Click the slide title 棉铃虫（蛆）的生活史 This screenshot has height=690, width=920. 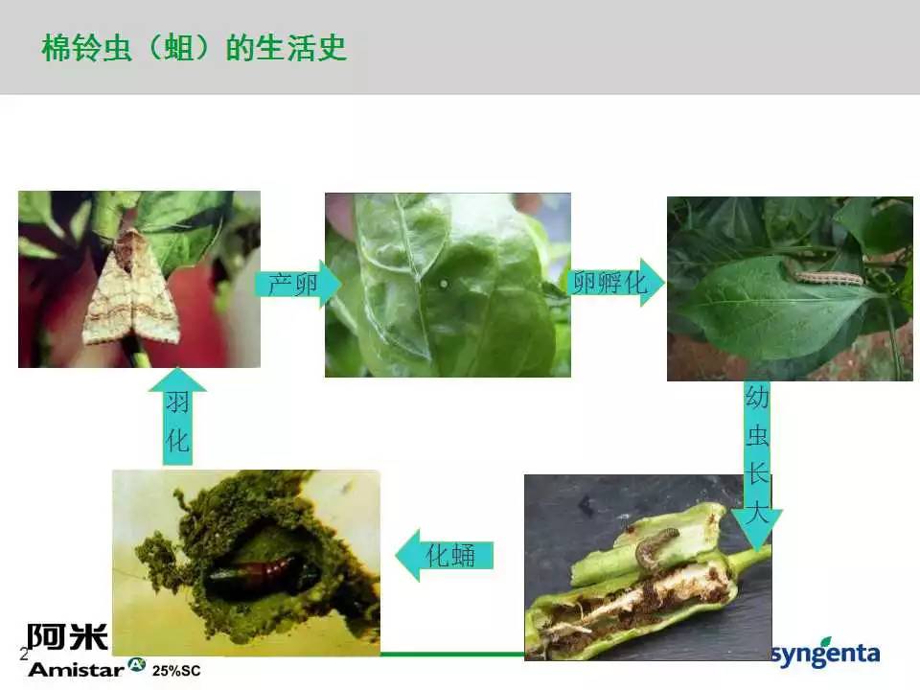(195, 48)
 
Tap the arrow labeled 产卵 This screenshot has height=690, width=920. (298, 284)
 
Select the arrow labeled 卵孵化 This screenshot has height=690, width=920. (616, 282)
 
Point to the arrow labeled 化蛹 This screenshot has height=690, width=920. (445, 555)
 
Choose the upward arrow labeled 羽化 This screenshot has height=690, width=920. (177, 417)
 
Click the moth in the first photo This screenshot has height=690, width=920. (130, 287)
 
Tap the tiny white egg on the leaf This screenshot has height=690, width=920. (444, 284)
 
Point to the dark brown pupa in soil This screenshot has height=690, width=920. (253, 573)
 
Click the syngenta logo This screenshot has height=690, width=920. (826, 653)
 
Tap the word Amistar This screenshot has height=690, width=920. (77, 670)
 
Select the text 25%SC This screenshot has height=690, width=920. (176, 671)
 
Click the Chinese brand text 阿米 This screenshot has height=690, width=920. (67, 636)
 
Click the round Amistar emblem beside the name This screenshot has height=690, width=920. (137, 664)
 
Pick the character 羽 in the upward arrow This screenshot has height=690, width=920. (177, 402)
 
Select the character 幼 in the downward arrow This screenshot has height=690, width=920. (757, 397)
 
